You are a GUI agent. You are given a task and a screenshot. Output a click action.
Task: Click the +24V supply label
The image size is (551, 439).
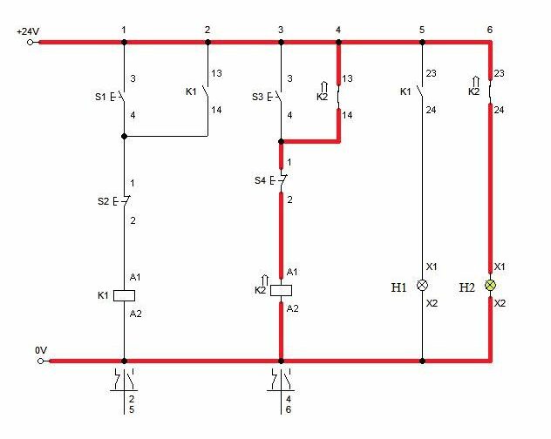(x=28, y=31)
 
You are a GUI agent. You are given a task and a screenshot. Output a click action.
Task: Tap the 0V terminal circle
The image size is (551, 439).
(x=41, y=361)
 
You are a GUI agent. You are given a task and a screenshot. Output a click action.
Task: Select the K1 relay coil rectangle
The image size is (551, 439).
(x=124, y=295)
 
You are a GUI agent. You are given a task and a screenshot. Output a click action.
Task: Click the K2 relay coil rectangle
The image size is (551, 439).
(x=281, y=290)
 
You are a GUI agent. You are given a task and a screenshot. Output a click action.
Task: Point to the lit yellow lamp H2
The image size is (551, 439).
(x=490, y=285)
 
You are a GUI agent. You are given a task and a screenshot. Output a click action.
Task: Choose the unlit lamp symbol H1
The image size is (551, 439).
(x=422, y=285)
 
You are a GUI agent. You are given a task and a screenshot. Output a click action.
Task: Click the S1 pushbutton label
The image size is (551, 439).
(x=100, y=97)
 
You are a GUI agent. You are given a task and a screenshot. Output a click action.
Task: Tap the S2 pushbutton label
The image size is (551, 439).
(x=103, y=201)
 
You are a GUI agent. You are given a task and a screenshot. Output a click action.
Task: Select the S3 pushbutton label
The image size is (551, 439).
(x=257, y=97)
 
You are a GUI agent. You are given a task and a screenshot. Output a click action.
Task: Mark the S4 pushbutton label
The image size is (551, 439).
(x=260, y=181)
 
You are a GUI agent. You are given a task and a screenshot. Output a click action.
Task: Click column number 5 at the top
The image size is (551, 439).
(x=422, y=30)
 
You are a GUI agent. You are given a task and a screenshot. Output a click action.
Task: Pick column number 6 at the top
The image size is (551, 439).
(x=490, y=30)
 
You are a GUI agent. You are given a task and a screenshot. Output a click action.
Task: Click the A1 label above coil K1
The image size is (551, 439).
(x=135, y=278)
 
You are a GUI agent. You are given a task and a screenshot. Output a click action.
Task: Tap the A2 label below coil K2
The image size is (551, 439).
(x=292, y=308)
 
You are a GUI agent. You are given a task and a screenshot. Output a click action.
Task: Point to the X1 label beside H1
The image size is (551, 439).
(x=432, y=267)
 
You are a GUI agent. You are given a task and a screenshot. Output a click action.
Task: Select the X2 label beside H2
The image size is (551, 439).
(x=500, y=303)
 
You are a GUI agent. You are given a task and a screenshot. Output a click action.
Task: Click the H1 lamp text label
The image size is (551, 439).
(x=398, y=287)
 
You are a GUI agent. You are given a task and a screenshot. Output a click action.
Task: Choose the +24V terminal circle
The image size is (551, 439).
(x=31, y=43)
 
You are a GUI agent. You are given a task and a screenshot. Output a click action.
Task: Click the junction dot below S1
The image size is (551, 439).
(x=124, y=136)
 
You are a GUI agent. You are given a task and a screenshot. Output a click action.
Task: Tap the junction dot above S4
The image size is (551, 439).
(x=281, y=141)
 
